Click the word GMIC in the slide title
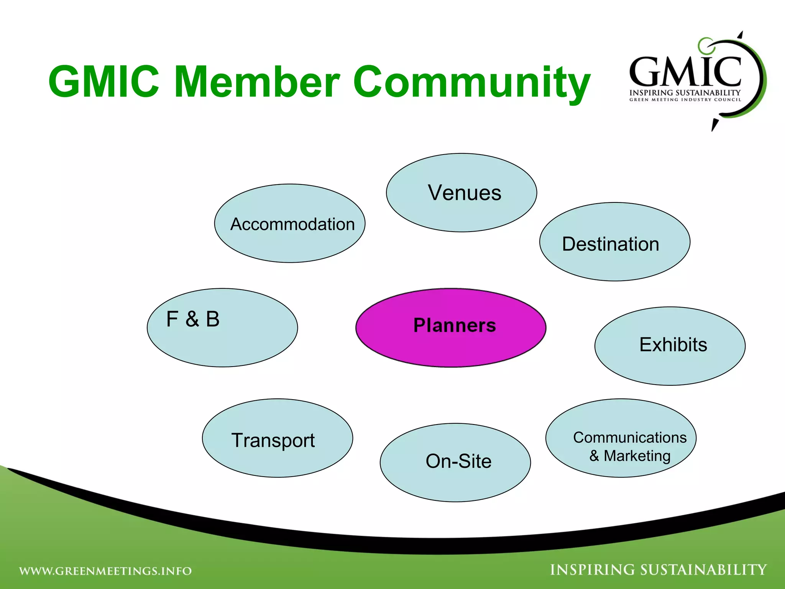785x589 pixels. (x=103, y=82)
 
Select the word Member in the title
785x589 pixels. (x=257, y=82)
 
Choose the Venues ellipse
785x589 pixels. (x=461, y=192)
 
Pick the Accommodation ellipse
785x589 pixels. (x=290, y=224)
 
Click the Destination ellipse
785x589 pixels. (x=615, y=242)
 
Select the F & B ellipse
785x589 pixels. (x=222, y=328)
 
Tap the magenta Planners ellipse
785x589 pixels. (x=451, y=328)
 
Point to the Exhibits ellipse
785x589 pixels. (x=670, y=346)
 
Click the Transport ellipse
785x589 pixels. (x=278, y=438)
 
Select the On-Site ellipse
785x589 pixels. (x=455, y=462)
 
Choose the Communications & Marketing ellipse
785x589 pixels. (x=621, y=438)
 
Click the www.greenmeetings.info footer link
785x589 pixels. (x=105, y=571)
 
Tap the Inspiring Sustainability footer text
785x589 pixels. (x=659, y=570)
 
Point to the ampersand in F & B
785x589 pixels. (x=192, y=319)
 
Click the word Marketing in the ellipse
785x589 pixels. (x=637, y=456)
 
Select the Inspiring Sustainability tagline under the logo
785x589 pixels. (x=685, y=93)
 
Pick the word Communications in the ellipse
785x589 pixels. (x=630, y=438)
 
